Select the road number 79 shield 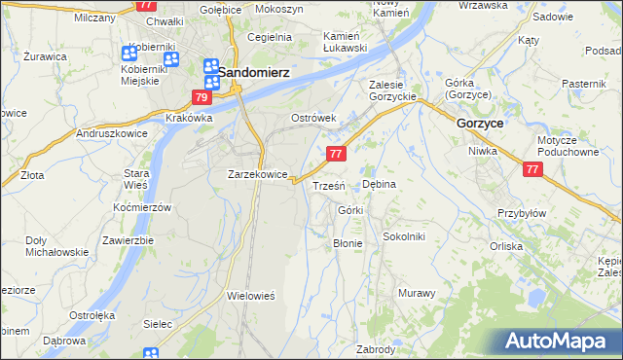202,97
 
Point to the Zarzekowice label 257,174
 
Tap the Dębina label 380,182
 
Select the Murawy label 416,292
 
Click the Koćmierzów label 142,208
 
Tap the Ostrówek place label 313,118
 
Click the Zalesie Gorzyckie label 393,90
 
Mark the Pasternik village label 584,85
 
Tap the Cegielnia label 270,37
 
